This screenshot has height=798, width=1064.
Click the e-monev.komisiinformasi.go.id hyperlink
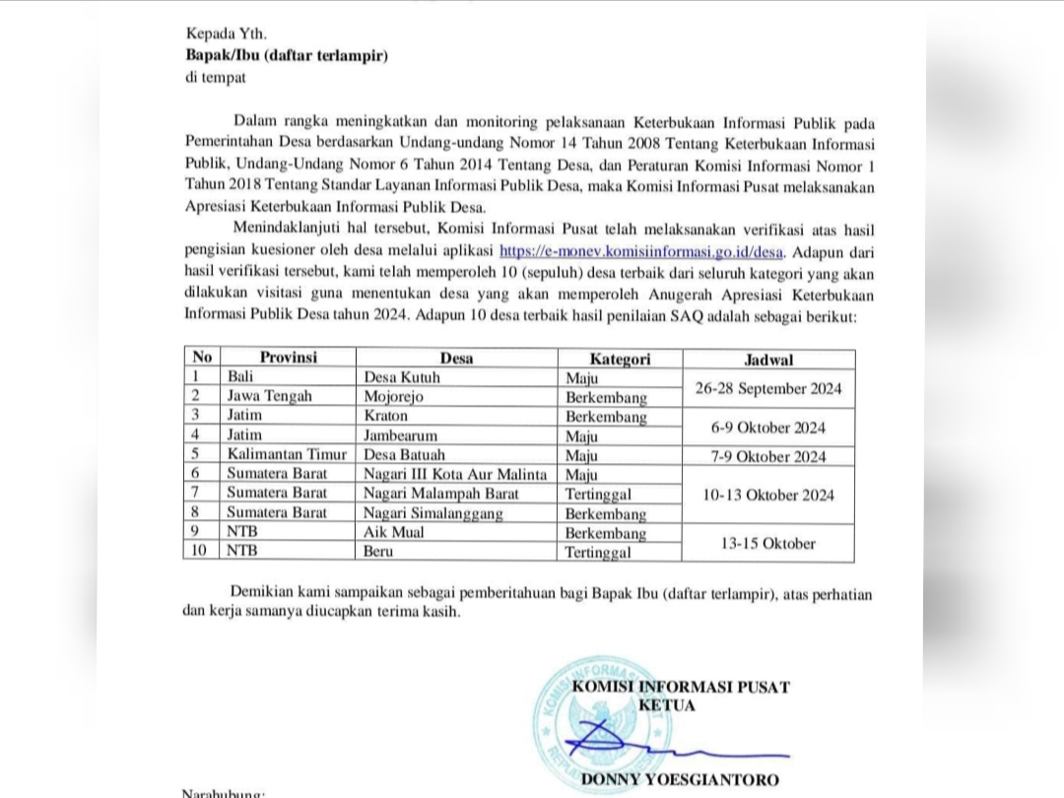[642, 251]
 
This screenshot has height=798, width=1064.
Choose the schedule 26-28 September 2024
[768, 388]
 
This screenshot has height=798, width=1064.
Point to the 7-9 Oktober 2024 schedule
[768, 456]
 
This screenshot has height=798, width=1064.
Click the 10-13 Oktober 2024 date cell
[768, 495]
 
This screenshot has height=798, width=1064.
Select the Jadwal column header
[768, 360]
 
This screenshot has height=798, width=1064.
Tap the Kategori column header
[620, 359]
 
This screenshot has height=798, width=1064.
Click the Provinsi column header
[288, 358]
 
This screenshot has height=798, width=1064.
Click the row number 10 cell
[201, 552]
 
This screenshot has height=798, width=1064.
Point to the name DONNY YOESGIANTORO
[680, 780]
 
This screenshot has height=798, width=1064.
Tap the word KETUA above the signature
[667, 705]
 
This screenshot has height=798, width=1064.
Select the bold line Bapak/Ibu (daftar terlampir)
[287, 56]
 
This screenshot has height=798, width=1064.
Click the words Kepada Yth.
[217, 34]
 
